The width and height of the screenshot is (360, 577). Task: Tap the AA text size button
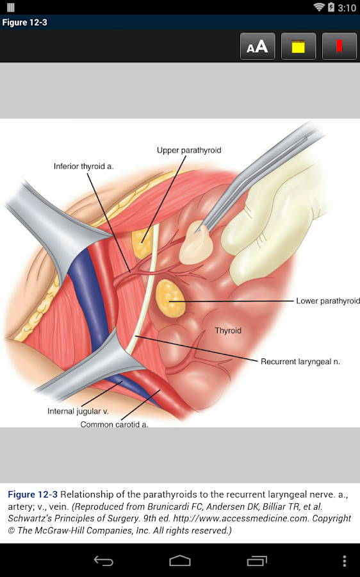(258, 46)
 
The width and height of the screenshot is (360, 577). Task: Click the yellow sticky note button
(299, 46)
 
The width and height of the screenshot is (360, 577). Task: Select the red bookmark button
(339, 46)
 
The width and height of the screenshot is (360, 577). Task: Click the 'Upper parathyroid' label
(189, 150)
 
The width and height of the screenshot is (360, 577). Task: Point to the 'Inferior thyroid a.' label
(83, 166)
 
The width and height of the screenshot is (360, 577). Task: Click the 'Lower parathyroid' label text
(327, 301)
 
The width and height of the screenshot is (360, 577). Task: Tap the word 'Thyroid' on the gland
(228, 330)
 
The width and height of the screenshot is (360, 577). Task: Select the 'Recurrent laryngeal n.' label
(300, 362)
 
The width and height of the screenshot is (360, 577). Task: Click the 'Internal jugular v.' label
(78, 411)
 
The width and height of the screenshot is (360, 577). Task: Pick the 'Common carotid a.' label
(115, 424)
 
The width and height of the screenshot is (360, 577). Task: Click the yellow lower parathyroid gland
(170, 298)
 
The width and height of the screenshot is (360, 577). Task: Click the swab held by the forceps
(196, 242)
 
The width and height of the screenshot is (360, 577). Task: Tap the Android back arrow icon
(103, 561)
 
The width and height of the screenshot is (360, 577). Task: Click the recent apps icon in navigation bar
(257, 561)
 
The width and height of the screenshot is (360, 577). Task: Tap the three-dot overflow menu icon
(344, 561)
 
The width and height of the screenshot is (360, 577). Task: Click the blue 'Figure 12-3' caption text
(33, 494)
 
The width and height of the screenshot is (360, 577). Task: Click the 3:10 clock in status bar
(347, 8)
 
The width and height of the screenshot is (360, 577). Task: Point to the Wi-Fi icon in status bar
(318, 7)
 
